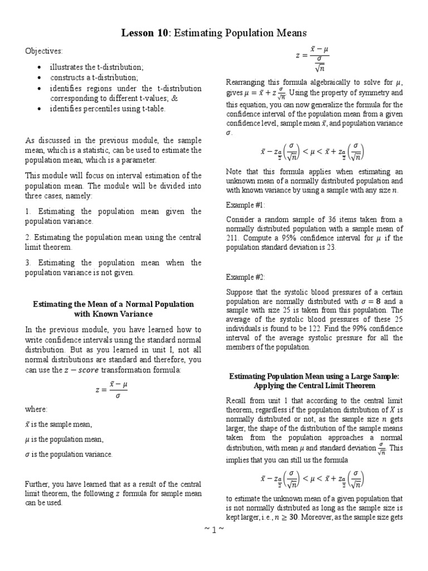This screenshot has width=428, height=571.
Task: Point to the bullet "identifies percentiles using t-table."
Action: tap(108, 108)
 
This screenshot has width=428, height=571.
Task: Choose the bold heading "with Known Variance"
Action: tap(113, 314)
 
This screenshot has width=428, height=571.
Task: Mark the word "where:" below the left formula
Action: tap(36, 409)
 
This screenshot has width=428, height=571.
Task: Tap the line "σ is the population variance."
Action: tap(69, 454)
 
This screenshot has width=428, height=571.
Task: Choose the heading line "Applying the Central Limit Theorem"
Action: tap(314, 385)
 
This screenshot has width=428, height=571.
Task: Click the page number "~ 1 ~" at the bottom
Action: tap(214, 529)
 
